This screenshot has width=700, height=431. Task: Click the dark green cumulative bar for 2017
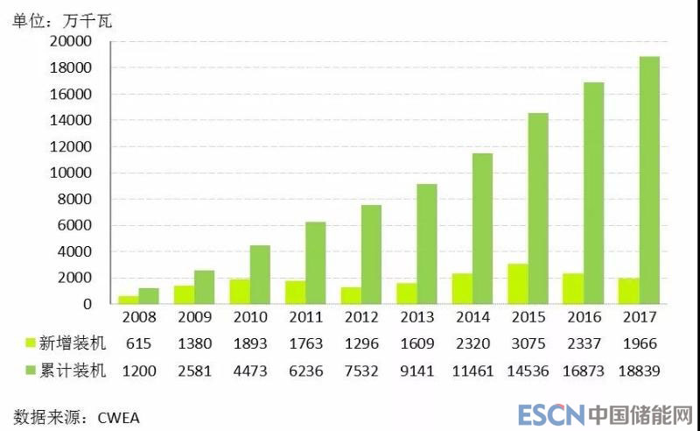(x=648, y=180)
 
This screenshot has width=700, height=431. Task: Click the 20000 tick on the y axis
(x=73, y=41)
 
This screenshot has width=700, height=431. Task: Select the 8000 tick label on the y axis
(x=77, y=199)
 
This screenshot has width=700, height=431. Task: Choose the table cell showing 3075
(x=528, y=344)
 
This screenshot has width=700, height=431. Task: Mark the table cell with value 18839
(x=637, y=371)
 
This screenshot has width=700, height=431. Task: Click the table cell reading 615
(x=138, y=344)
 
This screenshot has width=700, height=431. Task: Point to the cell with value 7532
(x=360, y=371)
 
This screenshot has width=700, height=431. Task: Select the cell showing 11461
(x=472, y=371)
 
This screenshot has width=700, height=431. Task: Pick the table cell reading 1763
(x=305, y=344)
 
